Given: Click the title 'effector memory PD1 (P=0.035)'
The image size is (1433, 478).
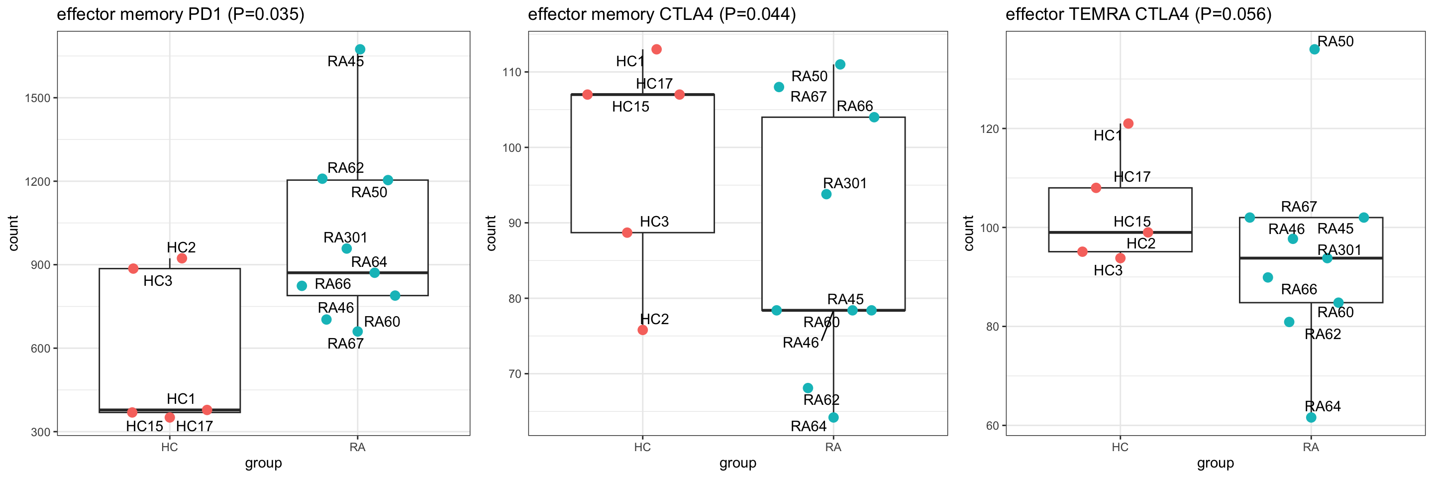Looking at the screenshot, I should (180, 14).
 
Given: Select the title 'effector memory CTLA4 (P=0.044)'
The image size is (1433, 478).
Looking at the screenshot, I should (661, 14).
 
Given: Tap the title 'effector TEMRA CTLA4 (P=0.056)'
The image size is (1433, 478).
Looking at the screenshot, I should (1138, 14).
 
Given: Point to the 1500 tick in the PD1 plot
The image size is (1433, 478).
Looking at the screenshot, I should (37, 98).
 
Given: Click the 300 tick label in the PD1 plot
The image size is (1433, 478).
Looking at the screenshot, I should (41, 432).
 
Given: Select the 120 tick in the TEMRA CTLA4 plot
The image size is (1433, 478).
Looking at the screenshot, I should (989, 128).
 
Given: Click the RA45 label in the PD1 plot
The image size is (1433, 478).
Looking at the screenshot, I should (345, 61).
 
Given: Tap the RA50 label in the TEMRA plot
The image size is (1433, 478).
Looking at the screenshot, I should (1335, 41).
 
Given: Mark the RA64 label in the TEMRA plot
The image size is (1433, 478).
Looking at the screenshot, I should (1323, 406).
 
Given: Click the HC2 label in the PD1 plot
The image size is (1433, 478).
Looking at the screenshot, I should (181, 247).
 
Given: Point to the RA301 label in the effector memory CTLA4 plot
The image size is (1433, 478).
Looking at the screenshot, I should (844, 183).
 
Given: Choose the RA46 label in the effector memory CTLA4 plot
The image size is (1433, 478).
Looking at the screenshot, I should (801, 343).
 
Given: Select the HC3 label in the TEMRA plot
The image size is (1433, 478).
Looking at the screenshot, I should (1108, 270).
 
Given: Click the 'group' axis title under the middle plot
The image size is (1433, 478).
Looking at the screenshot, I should (737, 463).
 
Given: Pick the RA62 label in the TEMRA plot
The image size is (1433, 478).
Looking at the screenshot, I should (1323, 334).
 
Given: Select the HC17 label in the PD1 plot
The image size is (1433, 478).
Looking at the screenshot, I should (194, 426).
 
